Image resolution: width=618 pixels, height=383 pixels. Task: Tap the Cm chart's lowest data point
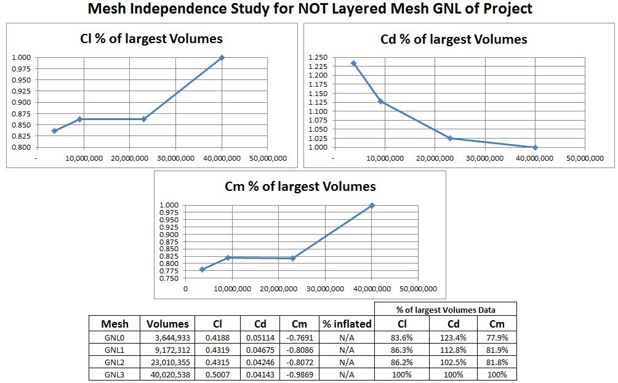tap(202, 270)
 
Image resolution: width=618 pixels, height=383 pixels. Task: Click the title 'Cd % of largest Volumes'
tap(454, 39)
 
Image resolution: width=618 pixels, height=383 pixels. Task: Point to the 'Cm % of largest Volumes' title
tap(300, 187)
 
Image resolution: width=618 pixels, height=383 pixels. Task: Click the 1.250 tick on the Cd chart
tap(319, 57)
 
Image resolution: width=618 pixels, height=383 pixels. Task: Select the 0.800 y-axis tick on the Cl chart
tap(22, 148)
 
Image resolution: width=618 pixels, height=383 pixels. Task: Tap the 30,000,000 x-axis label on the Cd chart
tap(485, 158)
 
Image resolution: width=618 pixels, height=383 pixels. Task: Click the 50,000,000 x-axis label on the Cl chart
tap(267, 158)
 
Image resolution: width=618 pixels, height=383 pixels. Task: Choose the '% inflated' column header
tap(347, 324)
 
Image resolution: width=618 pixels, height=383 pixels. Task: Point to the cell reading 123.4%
tap(453, 337)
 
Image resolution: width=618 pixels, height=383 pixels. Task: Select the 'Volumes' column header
tap(167, 324)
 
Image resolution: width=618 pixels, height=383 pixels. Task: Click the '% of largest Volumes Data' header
tap(445, 309)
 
